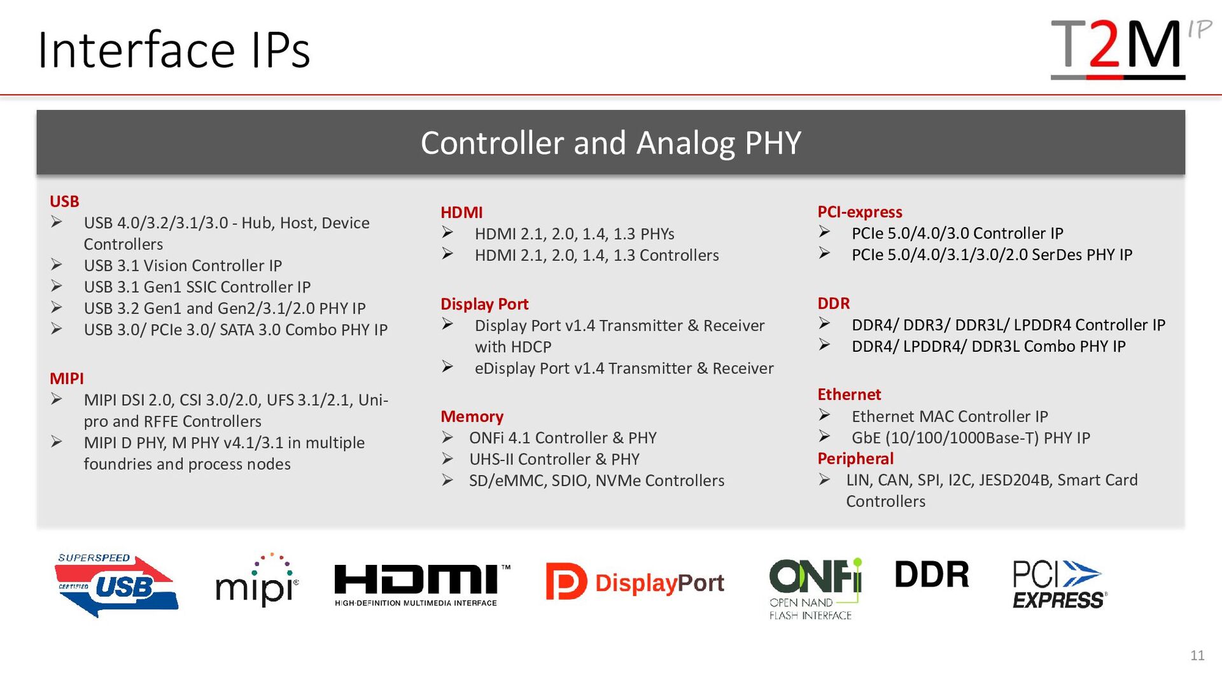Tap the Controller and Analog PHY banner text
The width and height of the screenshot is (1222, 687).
click(x=610, y=142)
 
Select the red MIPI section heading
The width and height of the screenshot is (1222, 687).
click(x=67, y=378)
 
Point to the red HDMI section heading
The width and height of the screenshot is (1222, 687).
click(x=461, y=212)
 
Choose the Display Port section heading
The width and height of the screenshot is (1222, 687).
click(x=484, y=304)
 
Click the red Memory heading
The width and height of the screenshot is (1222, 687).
click(x=472, y=417)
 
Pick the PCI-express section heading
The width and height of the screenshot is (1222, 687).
click(x=860, y=212)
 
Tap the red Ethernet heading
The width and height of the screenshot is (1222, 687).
click(x=849, y=394)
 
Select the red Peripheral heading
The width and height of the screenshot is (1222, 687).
click(x=855, y=459)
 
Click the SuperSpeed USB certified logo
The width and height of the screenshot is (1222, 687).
click(x=116, y=585)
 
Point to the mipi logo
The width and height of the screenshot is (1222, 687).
click(x=257, y=579)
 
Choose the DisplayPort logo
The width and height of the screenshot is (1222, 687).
click(x=635, y=582)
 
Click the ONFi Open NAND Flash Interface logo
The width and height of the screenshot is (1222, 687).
click(x=815, y=588)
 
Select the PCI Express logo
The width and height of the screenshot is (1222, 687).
click(x=1059, y=585)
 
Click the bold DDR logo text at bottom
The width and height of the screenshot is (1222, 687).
click(x=932, y=574)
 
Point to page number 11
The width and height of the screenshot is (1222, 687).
click(x=1197, y=656)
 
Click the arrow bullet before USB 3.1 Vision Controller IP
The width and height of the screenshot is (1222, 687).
click(x=57, y=265)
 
